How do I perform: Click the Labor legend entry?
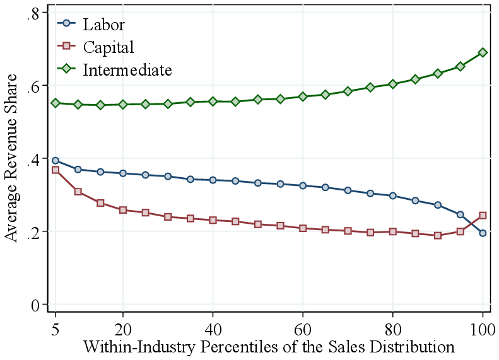[103, 25]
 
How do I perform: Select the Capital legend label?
[108, 47]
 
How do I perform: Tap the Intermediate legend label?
[127, 69]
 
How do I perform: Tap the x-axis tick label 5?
[56, 329]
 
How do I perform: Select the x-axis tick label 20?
[123, 329]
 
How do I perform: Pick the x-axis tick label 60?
[303, 329]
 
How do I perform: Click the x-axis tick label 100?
[483, 329]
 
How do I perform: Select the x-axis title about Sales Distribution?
[269, 347]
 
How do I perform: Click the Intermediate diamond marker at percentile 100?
[483, 52]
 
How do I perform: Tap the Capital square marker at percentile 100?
[483, 215]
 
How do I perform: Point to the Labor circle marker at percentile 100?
[483, 233]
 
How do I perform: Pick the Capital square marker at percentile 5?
[56, 170]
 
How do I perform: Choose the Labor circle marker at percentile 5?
[56, 161]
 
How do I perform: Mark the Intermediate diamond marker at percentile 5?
[56, 103]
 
